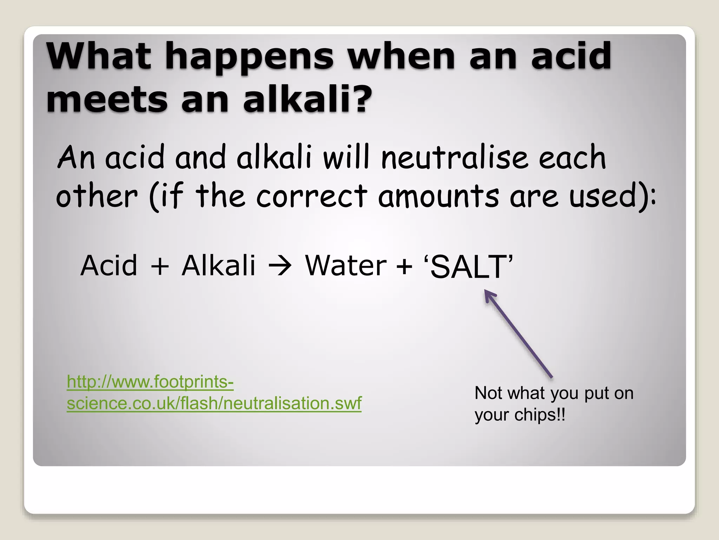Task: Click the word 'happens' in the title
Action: (x=250, y=56)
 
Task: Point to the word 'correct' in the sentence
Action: (x=312, y=196)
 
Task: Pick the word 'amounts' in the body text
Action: (x=438, y=196)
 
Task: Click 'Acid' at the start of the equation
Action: (x=109, y=265)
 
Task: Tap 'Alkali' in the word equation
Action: (x=218, y=265)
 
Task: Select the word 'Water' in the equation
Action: (x=346, y=265)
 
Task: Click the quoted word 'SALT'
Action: (x=469, y=266)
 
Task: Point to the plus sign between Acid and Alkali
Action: (x=160, y=266)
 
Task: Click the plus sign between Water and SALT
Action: (x=404, y=266)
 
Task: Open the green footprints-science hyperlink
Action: (x=214, y=392)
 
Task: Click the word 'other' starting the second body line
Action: (x=97, y=196)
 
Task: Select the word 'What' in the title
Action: (x=99, y=56)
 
